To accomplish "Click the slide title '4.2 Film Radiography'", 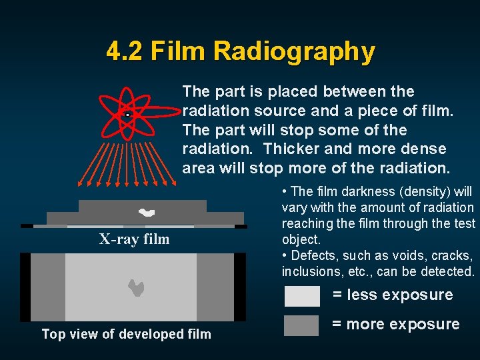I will click(241, 51).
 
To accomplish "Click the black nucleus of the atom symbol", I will click(127, 115).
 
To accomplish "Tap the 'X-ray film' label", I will click(135, 239).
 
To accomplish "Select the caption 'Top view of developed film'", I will click(126, 334).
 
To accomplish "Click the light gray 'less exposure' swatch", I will click(302, 295).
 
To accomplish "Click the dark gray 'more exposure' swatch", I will click(302, 325).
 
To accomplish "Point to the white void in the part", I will click(146, 213).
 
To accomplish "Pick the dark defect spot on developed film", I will click(136, 287).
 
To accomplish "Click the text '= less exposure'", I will click(393, 295).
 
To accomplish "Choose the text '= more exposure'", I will click(396, 325).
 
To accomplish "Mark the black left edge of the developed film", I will click(25, 287).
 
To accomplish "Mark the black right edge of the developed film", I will click(240, 287).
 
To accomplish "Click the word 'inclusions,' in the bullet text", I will click(309, 271).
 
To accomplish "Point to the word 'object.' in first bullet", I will click(301, 239).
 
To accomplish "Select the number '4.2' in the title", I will click(125, 51).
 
